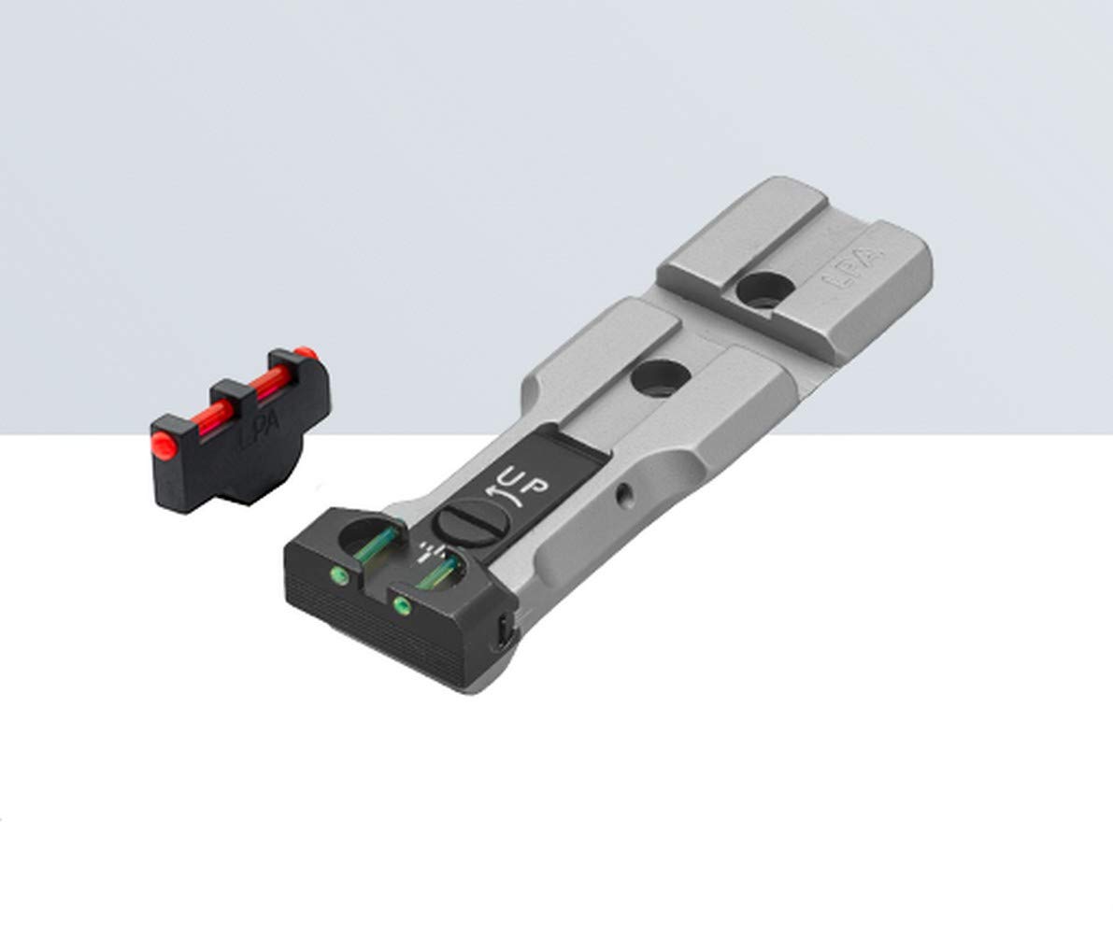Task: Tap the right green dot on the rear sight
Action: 403,604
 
